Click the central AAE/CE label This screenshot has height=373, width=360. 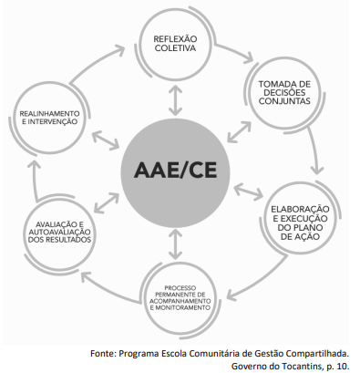pyautogui.click(x=175, y=170)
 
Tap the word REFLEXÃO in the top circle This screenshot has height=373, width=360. pyautogui.click(x=175, y=39)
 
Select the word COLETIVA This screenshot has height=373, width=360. pyautogui.click(x=175, y=48)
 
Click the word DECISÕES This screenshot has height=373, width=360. pyautogui.click(x=284, y=92)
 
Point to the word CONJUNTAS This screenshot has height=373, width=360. pyautogui.click(x=284, y=101)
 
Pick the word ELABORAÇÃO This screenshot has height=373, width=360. pyautogui.click(x=300, y=209)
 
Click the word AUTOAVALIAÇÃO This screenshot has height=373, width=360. pyautogui.click(x=59, y=233)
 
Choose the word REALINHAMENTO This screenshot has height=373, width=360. pyautogui.click(x=49, y=114)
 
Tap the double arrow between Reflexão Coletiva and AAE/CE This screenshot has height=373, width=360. pyautogui.click(x=175, y=100)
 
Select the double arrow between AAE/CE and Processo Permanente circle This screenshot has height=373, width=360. pyautogui.click(x=175, y=244)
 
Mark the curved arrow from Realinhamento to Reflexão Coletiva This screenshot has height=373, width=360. pyautogui.click(x=95, y=63)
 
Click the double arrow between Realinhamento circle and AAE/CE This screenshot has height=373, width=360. pyautogui.click(x=105, y=140)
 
